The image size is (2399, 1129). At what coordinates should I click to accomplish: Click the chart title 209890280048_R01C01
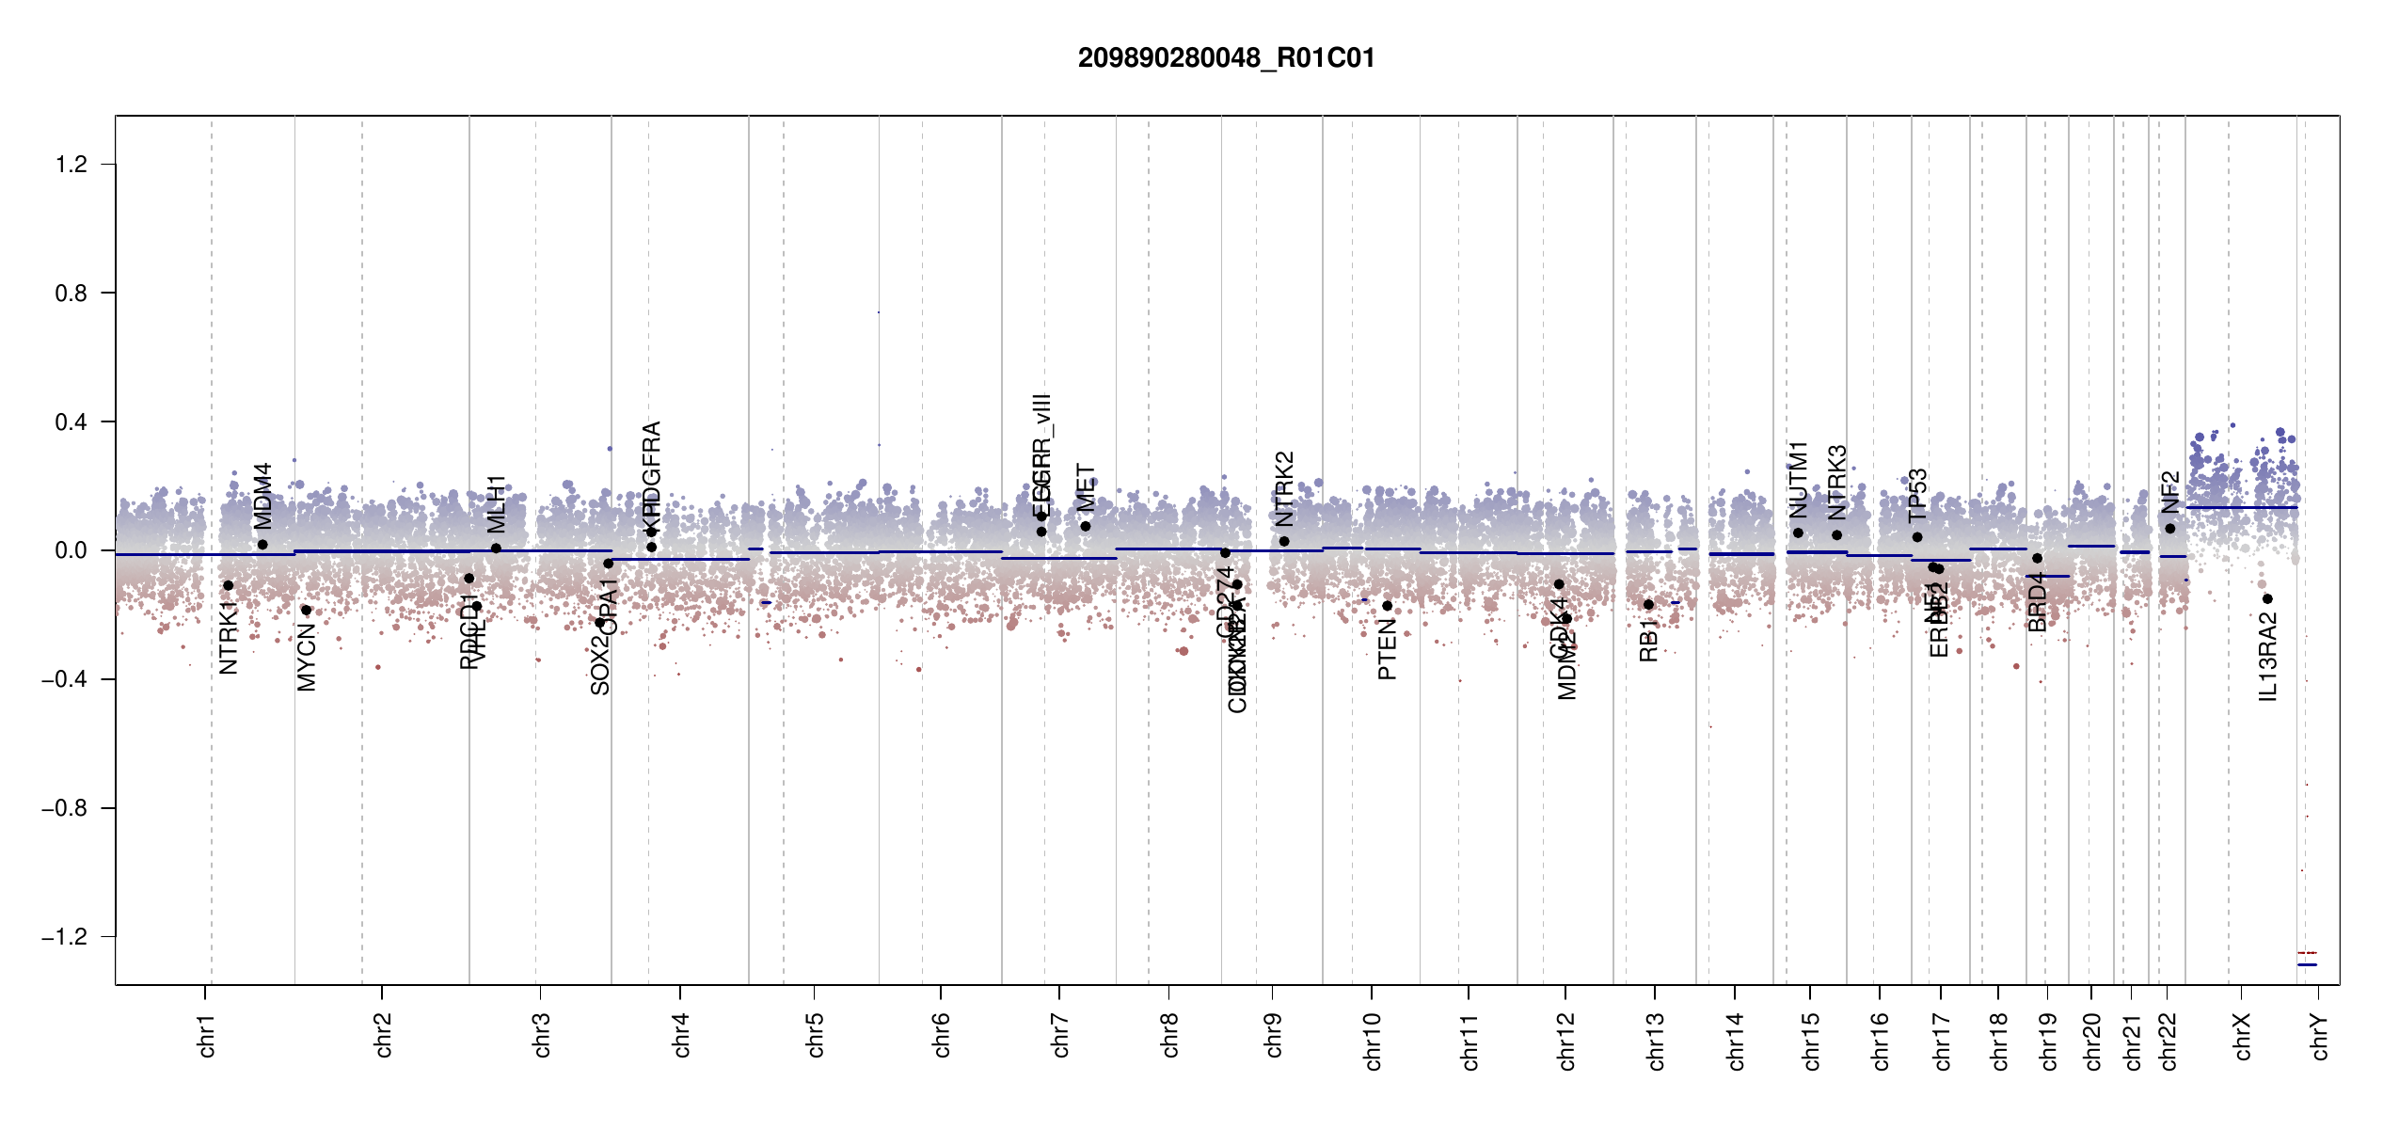pos(1226,58)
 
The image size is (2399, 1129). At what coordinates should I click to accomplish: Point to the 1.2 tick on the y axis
pos(71,165)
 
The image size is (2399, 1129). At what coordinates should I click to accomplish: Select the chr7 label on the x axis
pos(1060,1035)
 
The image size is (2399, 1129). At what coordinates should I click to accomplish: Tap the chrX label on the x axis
pos(2242,1036)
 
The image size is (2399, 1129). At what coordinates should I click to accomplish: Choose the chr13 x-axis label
pos(1656,1041)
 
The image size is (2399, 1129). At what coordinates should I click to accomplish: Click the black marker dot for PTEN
pos(1387,606)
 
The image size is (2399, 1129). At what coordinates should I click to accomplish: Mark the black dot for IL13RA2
pos(2267,599)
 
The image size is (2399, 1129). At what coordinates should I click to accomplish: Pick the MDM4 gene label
pos(262,496)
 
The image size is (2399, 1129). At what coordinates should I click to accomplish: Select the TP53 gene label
pos(1917,496)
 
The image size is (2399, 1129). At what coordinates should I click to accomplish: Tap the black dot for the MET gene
pos(1086,527)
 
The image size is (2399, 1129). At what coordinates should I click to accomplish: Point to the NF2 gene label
pos(2169,492)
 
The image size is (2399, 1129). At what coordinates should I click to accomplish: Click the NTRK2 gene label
pos(1284,488)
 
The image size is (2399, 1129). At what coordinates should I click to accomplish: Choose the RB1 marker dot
pos(1648,605)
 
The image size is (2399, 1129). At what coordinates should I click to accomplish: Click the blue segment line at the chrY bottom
pos(2307,965)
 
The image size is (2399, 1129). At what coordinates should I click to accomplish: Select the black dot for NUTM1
pos(1798,533)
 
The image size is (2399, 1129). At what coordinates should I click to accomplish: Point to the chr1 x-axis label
pos(206,1035)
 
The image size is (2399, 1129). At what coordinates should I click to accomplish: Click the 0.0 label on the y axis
pos(71,550)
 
